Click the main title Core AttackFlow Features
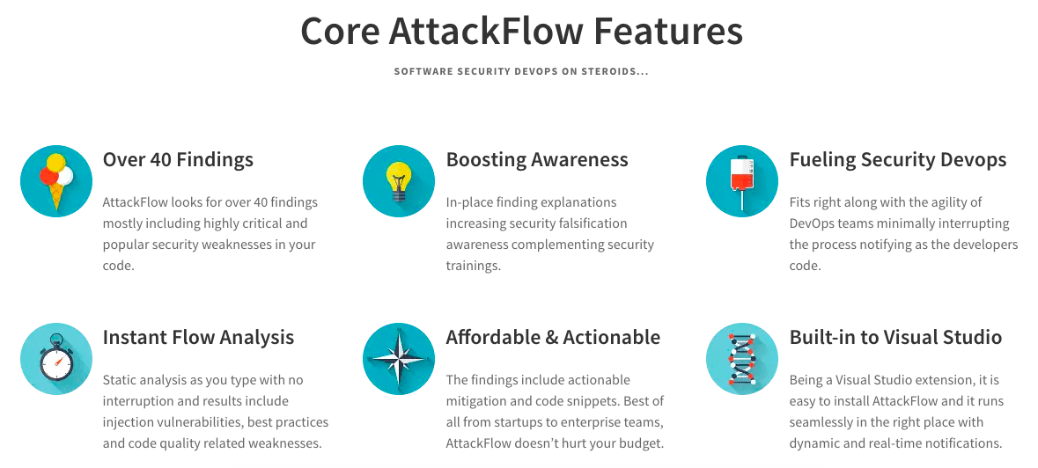coord(521,31)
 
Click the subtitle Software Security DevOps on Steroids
coord(521,71)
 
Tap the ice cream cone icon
coord(56,181)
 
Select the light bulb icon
coord(399,181)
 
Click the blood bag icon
coord(742,181)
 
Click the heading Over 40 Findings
coord(178,159)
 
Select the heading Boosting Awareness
coord(537,159)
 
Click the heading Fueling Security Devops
coord(898,159)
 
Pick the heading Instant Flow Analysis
coord(198,337)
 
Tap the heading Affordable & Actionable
coord(553,337)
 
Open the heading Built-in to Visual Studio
coord(895,337)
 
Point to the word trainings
coord(473,266)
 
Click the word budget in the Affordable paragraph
coord(641,443)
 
